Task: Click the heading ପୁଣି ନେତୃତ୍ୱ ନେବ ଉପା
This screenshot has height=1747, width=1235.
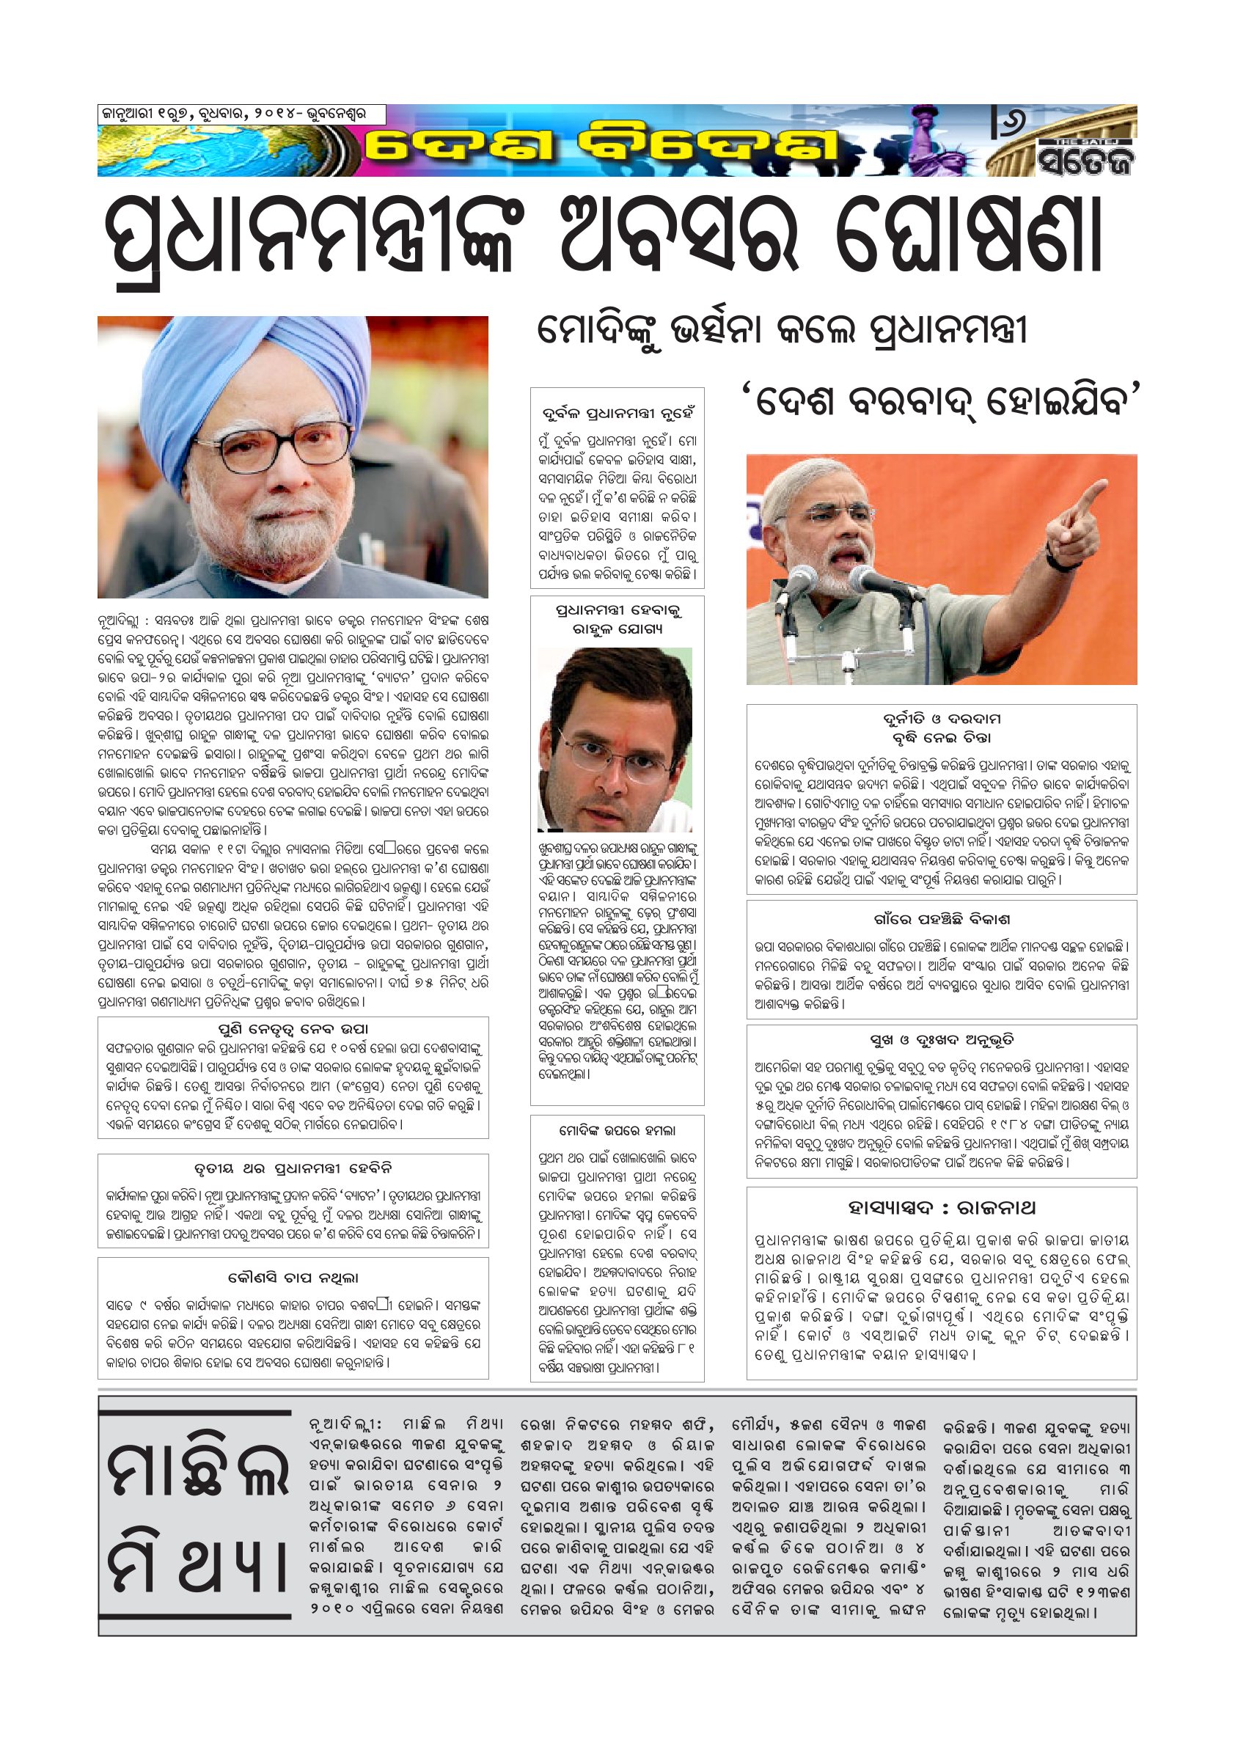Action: pyautogui.click(x=293, y=1030)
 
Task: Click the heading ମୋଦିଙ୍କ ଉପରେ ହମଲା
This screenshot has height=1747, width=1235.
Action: pyautogui.click(x=616, y=1131)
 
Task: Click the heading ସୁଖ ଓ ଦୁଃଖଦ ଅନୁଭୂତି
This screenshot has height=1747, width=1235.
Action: pyautogui.click(x=941, y=1040)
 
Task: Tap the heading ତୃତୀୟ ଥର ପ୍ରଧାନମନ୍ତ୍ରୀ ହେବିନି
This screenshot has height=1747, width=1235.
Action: pyautogui.click(x=293, y=1167)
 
